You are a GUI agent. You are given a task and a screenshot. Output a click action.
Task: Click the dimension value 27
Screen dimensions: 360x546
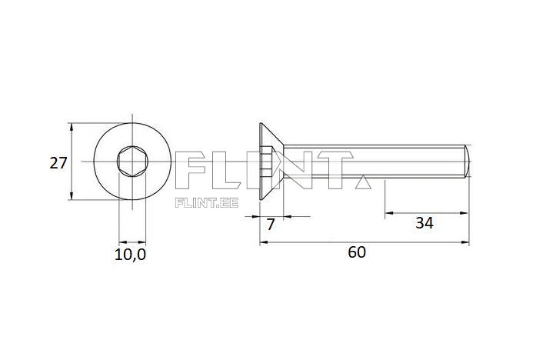(x=58, y=162)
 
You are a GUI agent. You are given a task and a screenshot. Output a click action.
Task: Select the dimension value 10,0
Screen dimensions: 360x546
(x=130, y=255)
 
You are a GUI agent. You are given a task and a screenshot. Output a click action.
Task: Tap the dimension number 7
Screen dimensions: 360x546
(x=270, y=225)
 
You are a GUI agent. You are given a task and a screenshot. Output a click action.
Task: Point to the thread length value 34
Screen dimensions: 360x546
(x=424, y=223)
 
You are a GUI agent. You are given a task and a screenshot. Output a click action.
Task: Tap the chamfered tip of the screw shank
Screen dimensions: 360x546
(x=467, y=162)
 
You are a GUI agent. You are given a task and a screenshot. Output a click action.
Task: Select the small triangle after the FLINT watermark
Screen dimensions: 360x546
(x=362, y=182)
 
